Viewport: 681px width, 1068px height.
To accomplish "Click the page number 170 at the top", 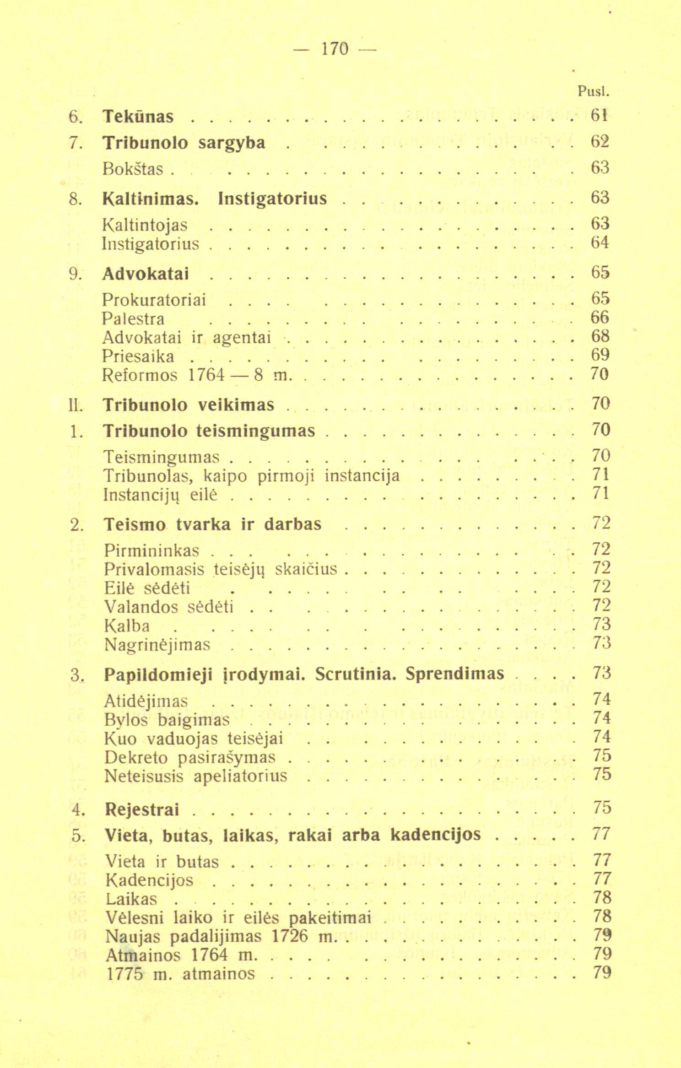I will (335, 49).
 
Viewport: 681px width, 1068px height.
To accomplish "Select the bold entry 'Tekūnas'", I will (138, 117).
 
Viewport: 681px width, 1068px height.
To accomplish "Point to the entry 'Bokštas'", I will (133, 169).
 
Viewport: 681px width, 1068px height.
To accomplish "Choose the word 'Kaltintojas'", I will (145, 224).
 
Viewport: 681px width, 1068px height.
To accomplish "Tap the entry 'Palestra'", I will (133, 318).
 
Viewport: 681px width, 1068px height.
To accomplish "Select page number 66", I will (600, 318).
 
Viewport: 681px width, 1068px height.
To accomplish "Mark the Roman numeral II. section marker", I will (75, 405).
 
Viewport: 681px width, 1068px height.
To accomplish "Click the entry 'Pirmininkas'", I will (151, 550).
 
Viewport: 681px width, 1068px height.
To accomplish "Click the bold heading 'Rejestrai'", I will (142, 810).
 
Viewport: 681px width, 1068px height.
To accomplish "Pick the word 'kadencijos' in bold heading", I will (436, 835).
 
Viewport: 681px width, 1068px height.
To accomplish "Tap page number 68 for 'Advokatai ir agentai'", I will (600, 337).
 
